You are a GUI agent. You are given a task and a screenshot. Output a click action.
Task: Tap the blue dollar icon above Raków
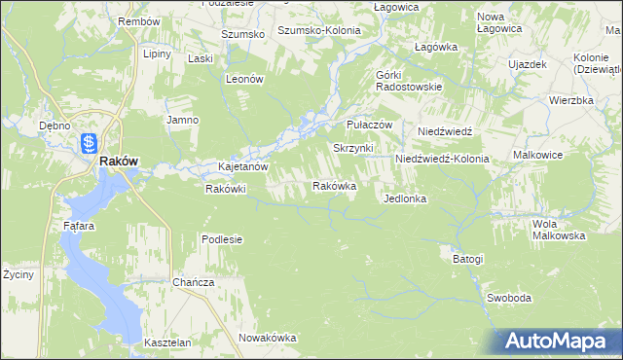coord(89,142)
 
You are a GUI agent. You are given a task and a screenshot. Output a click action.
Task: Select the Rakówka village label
coord(334,185)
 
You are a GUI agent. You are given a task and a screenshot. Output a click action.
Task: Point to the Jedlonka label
coord(406,198)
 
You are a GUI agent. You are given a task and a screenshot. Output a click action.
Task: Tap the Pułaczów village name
coord(369,126)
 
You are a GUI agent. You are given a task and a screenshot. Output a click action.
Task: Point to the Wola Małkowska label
coord(558,230)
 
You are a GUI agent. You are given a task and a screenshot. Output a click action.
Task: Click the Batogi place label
coord(467,260)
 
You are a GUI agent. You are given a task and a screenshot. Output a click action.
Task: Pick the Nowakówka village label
coord(267,338)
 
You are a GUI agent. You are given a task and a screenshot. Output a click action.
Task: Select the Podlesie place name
coord(222,239)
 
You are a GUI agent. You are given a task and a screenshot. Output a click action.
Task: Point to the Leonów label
coord(245,80)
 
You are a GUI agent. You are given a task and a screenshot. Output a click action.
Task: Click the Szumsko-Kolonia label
coord(319,30)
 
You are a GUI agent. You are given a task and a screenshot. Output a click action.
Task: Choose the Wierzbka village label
coord(570,100)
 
